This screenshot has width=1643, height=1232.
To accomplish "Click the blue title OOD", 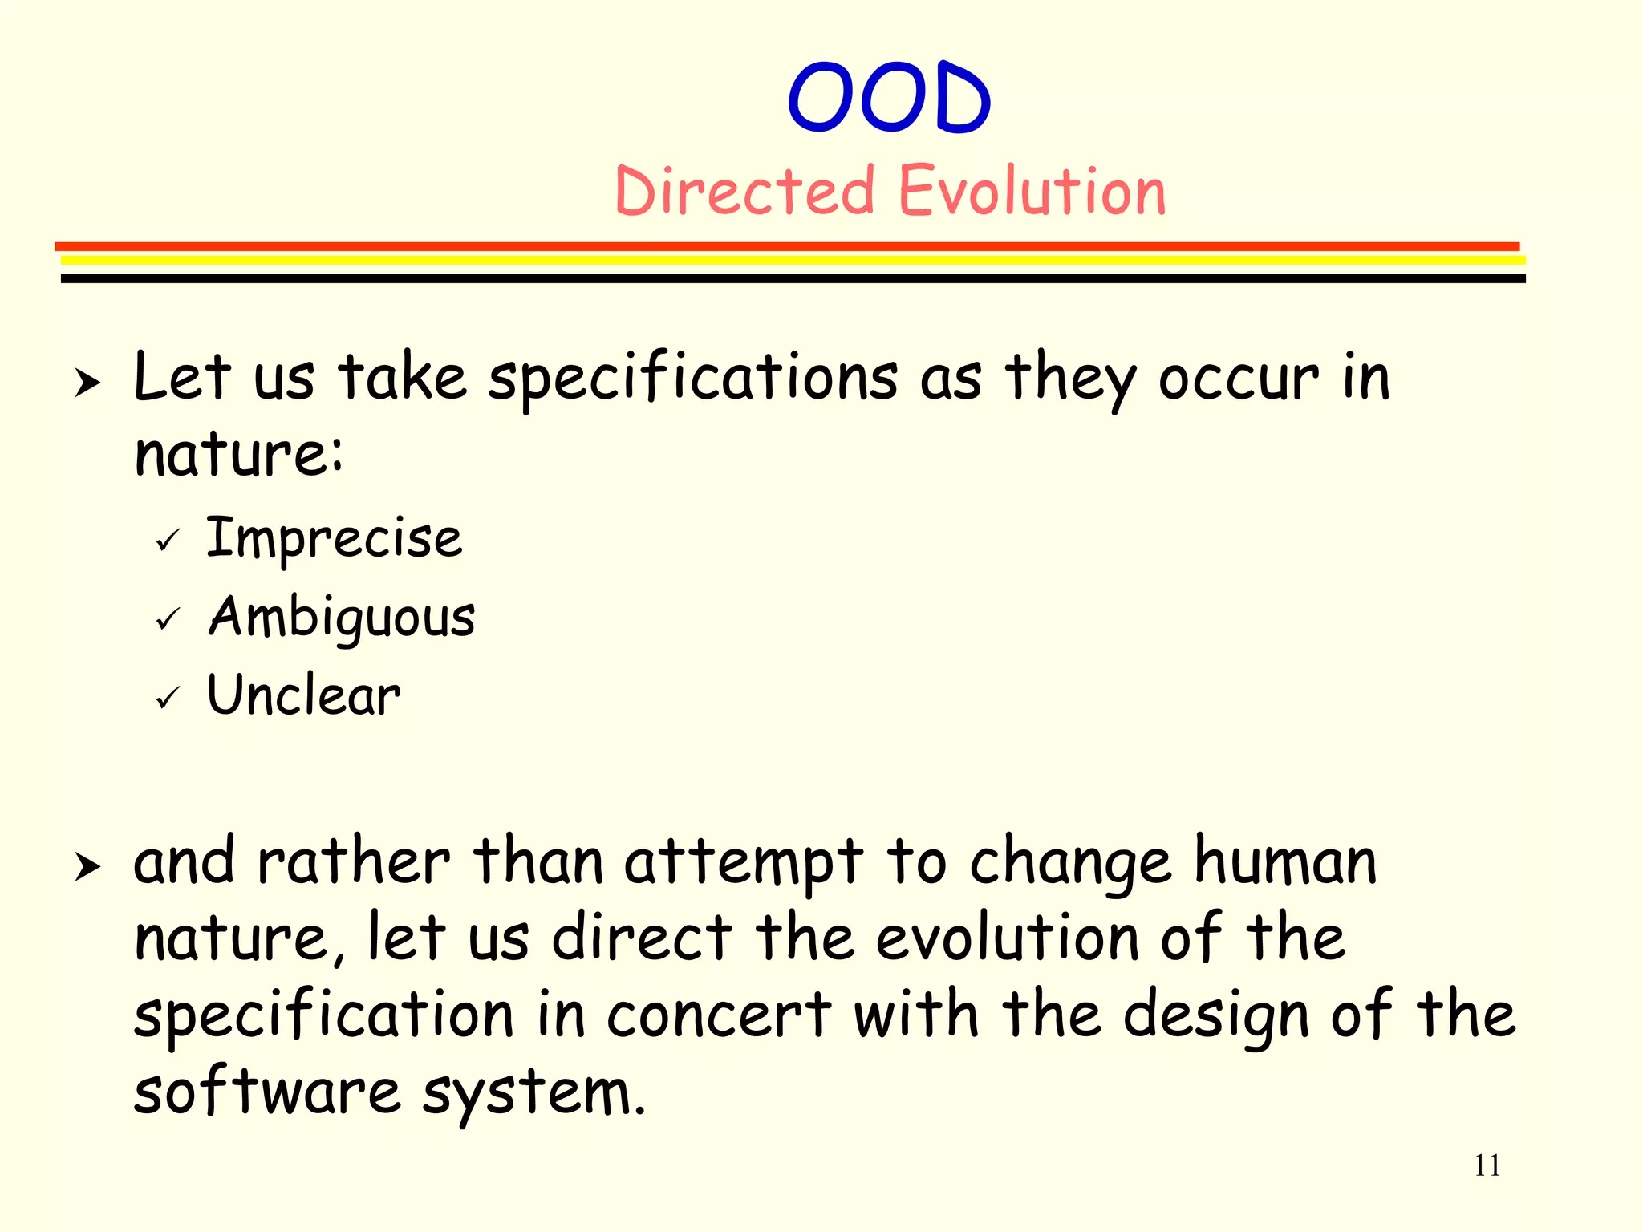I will click(x=889, y=98).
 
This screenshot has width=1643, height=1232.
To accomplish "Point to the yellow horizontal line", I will click(x=793, y=261).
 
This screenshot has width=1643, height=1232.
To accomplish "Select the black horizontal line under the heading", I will click(x=793, y=278).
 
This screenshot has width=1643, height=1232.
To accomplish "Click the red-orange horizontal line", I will click(x=786, y=246).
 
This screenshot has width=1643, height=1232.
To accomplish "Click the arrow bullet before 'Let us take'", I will click(x=87, y=383).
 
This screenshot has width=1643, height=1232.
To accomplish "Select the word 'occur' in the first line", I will click(x=1238, y=379).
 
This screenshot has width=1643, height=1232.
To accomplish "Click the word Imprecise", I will click(x=334, y=538).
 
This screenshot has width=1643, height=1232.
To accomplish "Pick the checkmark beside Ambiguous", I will click(x=168, y=619).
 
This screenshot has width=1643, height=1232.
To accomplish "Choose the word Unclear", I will click(x=303, y=695).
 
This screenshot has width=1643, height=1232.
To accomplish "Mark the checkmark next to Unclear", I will click(x=168, y=698).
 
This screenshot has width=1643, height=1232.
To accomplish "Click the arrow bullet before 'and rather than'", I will click(x=87, y=867).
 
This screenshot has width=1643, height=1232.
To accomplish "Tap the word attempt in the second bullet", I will click(x=743, y=863).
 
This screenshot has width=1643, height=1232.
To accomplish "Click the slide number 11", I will click(x=1487, y=1165).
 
